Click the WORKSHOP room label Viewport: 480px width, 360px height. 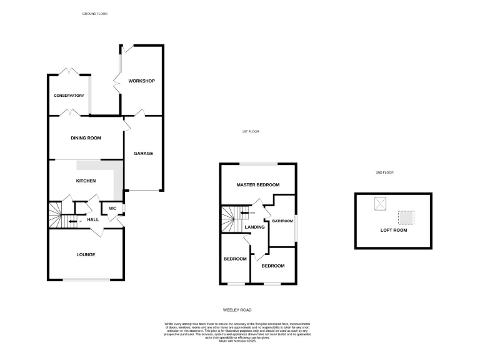(141, 81)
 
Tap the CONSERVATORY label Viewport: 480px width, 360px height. (69, 96)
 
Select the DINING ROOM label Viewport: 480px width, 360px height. (86, 138)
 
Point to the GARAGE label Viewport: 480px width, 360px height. (143, 154)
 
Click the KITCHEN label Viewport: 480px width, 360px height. (86, 181)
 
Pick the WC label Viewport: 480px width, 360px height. (113, 208)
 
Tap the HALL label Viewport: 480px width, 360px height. (93, 220)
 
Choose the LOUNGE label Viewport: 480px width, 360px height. (86, 254)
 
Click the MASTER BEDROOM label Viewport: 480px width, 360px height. (257, 185)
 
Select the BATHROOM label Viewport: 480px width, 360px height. (282, 221)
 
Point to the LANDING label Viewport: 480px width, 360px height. (255, 227)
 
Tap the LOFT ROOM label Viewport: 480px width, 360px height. (394, 230)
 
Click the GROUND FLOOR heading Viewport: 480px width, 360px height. (95, 13)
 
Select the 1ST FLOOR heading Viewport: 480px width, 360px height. (251, 132)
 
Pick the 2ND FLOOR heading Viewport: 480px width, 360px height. (385, 172)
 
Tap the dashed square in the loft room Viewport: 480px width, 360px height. (406, 217)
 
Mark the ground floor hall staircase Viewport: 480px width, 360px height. (57, 216)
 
